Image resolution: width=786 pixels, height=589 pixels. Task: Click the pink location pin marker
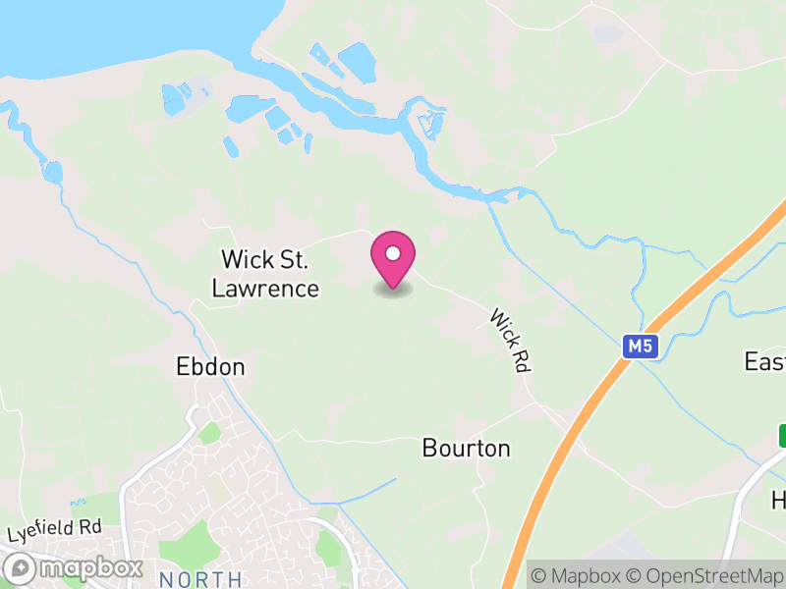click(x=393, y=258)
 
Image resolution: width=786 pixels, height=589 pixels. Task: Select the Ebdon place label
click(x=209, y=367)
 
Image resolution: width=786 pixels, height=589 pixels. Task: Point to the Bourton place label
click(x=466, y=449)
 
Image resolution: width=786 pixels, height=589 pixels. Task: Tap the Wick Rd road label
click(x=509, y=340)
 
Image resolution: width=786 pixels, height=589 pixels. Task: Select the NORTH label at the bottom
click(x=199, y=579)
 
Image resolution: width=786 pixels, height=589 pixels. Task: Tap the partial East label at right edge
click(x=764, y=361)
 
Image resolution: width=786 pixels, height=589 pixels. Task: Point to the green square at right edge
click(x=782, y=434)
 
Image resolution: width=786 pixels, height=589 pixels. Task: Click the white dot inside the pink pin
click(x=393, y=253)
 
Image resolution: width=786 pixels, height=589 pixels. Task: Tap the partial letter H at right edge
click(x=778, y=501)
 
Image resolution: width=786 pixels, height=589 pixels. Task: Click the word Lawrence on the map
click(x=265, y=288)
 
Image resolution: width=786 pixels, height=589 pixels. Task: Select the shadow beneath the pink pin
click(x=393, y=290)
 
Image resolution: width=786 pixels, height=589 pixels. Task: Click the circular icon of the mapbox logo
click(x=21, y=568)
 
